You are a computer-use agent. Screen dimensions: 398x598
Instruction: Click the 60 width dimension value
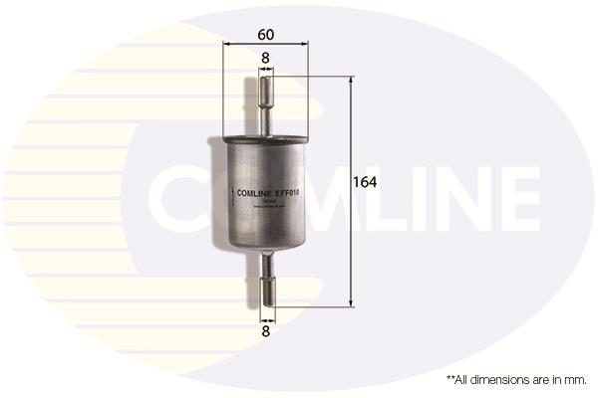tap(265, 34)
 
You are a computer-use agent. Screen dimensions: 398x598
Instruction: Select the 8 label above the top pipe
tap(265, 59)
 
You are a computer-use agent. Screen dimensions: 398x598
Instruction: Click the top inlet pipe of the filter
tap(266, 99)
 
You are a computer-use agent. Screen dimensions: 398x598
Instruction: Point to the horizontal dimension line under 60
tap(266, 45)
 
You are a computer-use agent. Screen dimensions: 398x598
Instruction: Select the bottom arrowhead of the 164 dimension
tap(351, 302)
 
